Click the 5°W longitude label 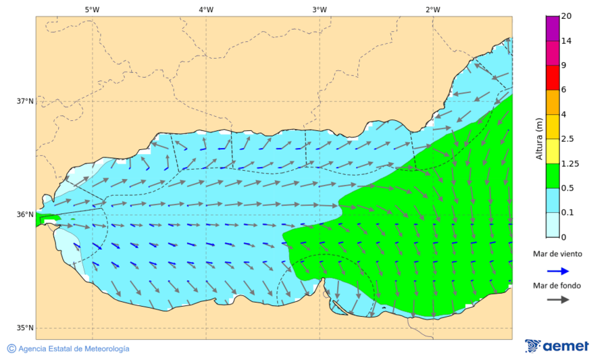[93, 9]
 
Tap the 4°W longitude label [206, 9]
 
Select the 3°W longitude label [320, 9]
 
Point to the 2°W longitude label [433, 9]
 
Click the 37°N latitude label [25, 101]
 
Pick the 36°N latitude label [25, 215]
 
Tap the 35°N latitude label [25, 328]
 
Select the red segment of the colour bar [553, 78]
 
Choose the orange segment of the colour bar [553, 102]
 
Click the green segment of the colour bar [553, 176]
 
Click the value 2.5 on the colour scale [567, 139]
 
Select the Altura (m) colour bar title [539, 138]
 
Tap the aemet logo [557, 346]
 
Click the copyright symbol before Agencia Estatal [11, 349]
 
